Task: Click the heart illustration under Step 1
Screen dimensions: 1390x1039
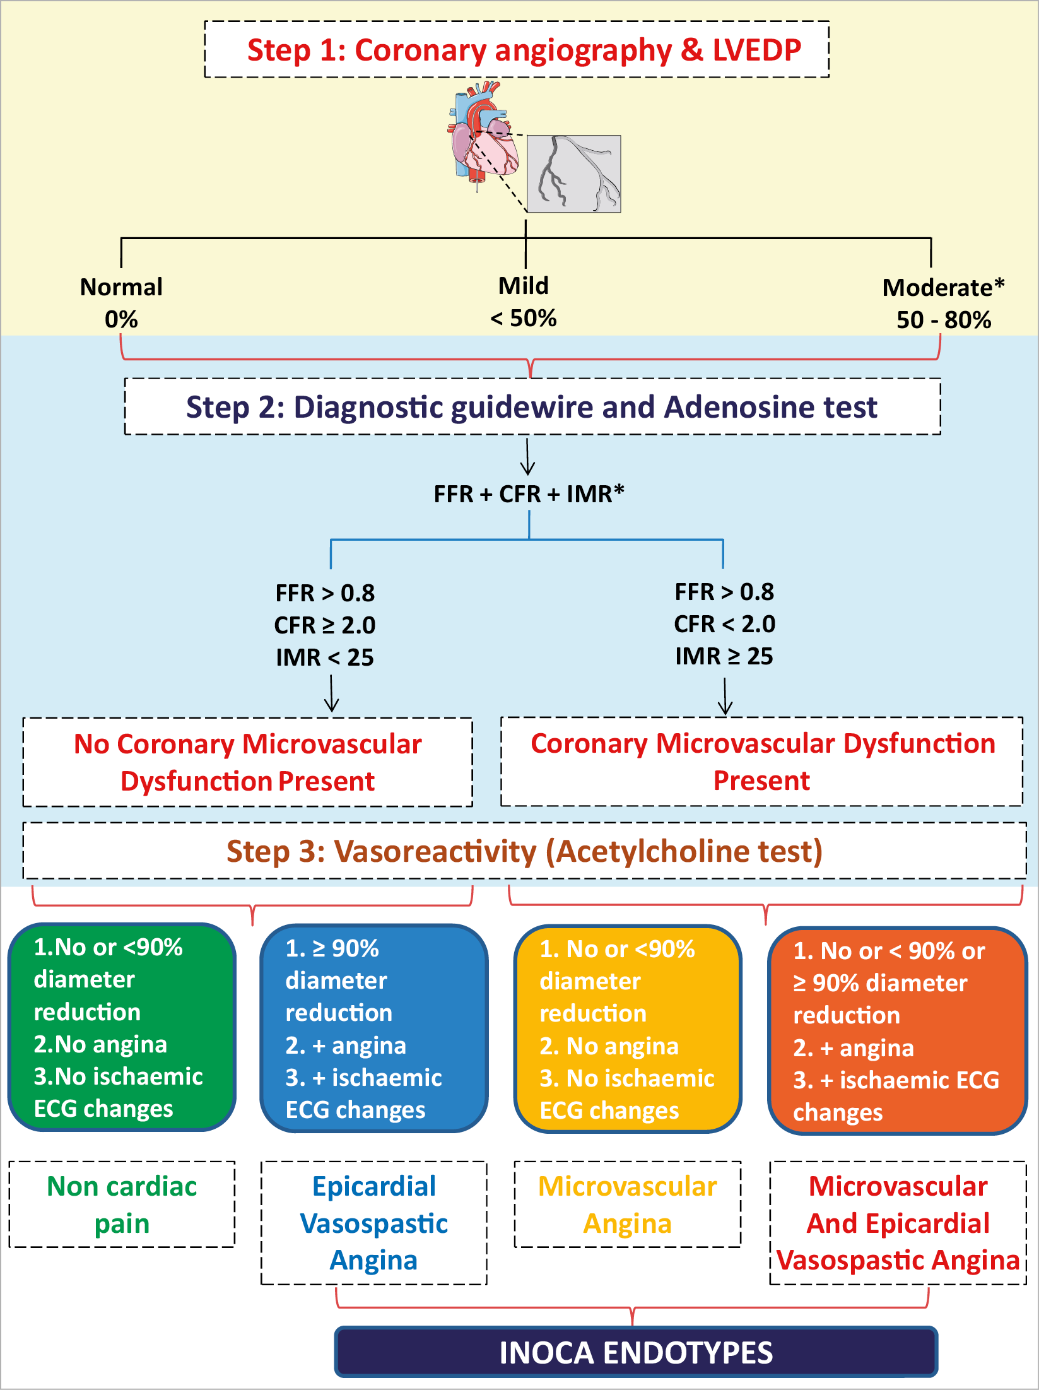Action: [483, 136]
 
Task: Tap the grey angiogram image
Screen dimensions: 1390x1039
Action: [574, 174]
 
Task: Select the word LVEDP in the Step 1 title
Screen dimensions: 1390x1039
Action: [756, 50]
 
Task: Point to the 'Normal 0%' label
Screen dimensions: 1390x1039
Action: [121, 303]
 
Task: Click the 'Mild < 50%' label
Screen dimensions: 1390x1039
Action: [524, 302]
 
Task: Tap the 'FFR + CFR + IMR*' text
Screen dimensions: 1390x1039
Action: [529, 494]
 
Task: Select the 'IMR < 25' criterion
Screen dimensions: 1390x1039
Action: [325, 657]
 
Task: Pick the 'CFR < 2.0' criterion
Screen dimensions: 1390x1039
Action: [724, 624]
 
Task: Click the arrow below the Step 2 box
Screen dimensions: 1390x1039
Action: [527, 457]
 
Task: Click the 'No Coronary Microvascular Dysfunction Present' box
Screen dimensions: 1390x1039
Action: [248, 762]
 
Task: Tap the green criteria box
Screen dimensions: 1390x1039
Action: [122, 1027]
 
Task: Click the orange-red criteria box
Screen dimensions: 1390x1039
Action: [897, 1030]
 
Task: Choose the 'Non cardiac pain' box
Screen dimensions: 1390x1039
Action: [122, 1204]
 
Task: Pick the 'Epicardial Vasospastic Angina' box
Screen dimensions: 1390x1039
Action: [374, 1223]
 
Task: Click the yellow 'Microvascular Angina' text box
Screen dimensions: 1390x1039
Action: [628, 1204]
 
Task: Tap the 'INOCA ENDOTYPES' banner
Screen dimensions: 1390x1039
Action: [636, 1353]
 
